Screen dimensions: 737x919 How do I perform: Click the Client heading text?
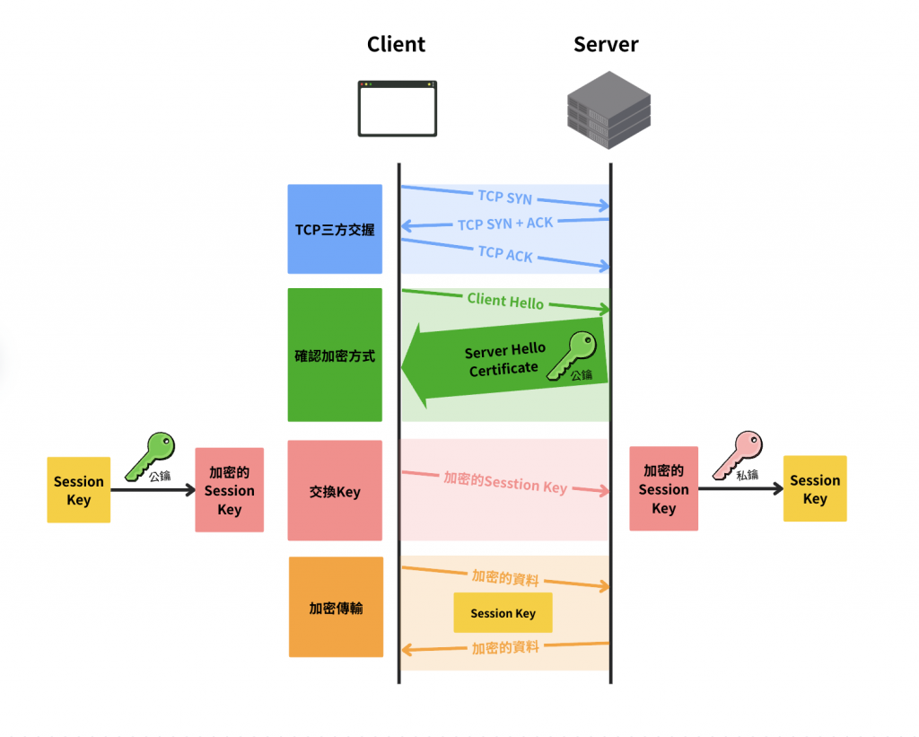pos(396,44)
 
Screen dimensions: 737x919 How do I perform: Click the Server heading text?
pos(606,44)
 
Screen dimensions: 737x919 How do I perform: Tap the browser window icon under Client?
pos(397,109)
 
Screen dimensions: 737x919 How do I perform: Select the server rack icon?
pos(608,110)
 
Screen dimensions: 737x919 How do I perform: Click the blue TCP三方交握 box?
pos(335,229)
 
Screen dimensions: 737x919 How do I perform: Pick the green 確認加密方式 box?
pos(335,355)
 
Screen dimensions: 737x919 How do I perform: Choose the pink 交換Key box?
pos(335,490)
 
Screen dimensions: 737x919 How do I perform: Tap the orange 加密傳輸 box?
pos(335,607)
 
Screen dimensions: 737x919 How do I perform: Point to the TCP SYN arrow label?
pos(504,197)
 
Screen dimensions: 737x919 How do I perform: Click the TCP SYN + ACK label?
pos(505,224)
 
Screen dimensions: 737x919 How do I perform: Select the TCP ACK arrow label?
pos(505,254)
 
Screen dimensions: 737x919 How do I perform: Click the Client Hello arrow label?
pos(505,301)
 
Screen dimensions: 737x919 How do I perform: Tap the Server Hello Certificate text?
pos(504,359)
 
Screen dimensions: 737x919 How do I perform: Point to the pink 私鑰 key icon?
pos(737,454)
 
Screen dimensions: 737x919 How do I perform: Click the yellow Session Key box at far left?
pos(79,490)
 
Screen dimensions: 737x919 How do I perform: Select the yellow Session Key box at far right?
pos(815,489)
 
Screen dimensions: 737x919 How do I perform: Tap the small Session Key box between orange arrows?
pos(503,613)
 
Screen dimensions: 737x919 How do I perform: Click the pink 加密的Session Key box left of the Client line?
pos(229,490)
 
